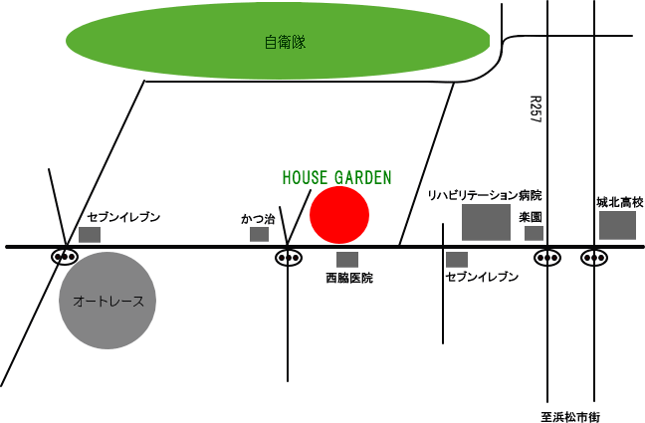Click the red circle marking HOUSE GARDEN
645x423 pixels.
click(339, 215)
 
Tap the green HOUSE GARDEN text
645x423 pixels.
click(336, 177)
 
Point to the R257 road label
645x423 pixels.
click(535, 109)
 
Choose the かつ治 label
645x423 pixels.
click(258, 218)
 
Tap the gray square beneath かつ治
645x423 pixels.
click(259, 234)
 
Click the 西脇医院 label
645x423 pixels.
click(348, 279)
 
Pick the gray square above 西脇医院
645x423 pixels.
click(347, 259)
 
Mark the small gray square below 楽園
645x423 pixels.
click(534, 233)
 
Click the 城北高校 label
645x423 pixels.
click(620, 203)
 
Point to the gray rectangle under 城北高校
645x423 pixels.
click(617, 225)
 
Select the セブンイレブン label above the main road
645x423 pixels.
click(123, 217)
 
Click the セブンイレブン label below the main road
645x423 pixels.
click(482, 277)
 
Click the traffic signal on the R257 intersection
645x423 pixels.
click(546, 257)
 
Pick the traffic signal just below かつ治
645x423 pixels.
click(289, 258)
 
